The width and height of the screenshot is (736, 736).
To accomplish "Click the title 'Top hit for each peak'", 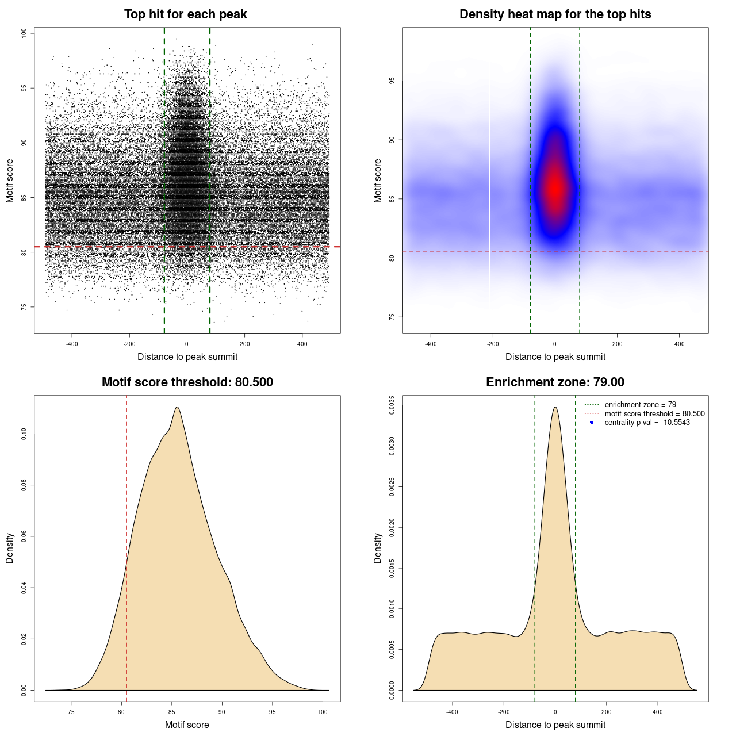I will pos(185,14).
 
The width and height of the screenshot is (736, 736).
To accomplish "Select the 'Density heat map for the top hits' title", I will pos(555,14).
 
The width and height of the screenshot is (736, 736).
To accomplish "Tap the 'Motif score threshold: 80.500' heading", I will pos(187,382).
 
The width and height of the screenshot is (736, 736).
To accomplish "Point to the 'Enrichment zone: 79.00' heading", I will pos(555,382).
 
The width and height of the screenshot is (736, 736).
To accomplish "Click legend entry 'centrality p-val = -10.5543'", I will pos(647,423).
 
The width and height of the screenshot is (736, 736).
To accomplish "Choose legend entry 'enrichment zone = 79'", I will pos(640,405).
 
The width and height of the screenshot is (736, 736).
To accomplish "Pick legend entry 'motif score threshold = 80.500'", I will pos(654,414).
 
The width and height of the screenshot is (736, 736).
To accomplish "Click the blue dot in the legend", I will pos(592,423).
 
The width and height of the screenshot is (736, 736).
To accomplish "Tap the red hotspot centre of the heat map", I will pos(555,187).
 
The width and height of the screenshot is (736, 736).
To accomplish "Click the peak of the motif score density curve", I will pos(177,407).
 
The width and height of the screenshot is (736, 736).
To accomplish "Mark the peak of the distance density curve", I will pos(555,407).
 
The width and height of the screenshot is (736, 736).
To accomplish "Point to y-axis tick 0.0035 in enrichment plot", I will pos(392,405).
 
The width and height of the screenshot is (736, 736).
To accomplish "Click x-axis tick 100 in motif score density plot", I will pos(323,712).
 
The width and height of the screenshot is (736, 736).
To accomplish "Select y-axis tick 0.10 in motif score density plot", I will pos(24,434).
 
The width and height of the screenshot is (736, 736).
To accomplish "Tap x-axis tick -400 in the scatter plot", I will pos(72,344).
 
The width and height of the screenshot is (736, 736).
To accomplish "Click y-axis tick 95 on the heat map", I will pos(392,81).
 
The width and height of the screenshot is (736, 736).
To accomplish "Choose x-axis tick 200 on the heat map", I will pos(617,344).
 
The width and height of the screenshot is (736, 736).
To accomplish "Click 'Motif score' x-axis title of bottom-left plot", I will pos(187,724).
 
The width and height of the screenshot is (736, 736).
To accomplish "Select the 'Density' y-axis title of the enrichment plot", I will pos(378,548).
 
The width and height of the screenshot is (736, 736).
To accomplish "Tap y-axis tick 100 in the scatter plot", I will pos(24,33).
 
